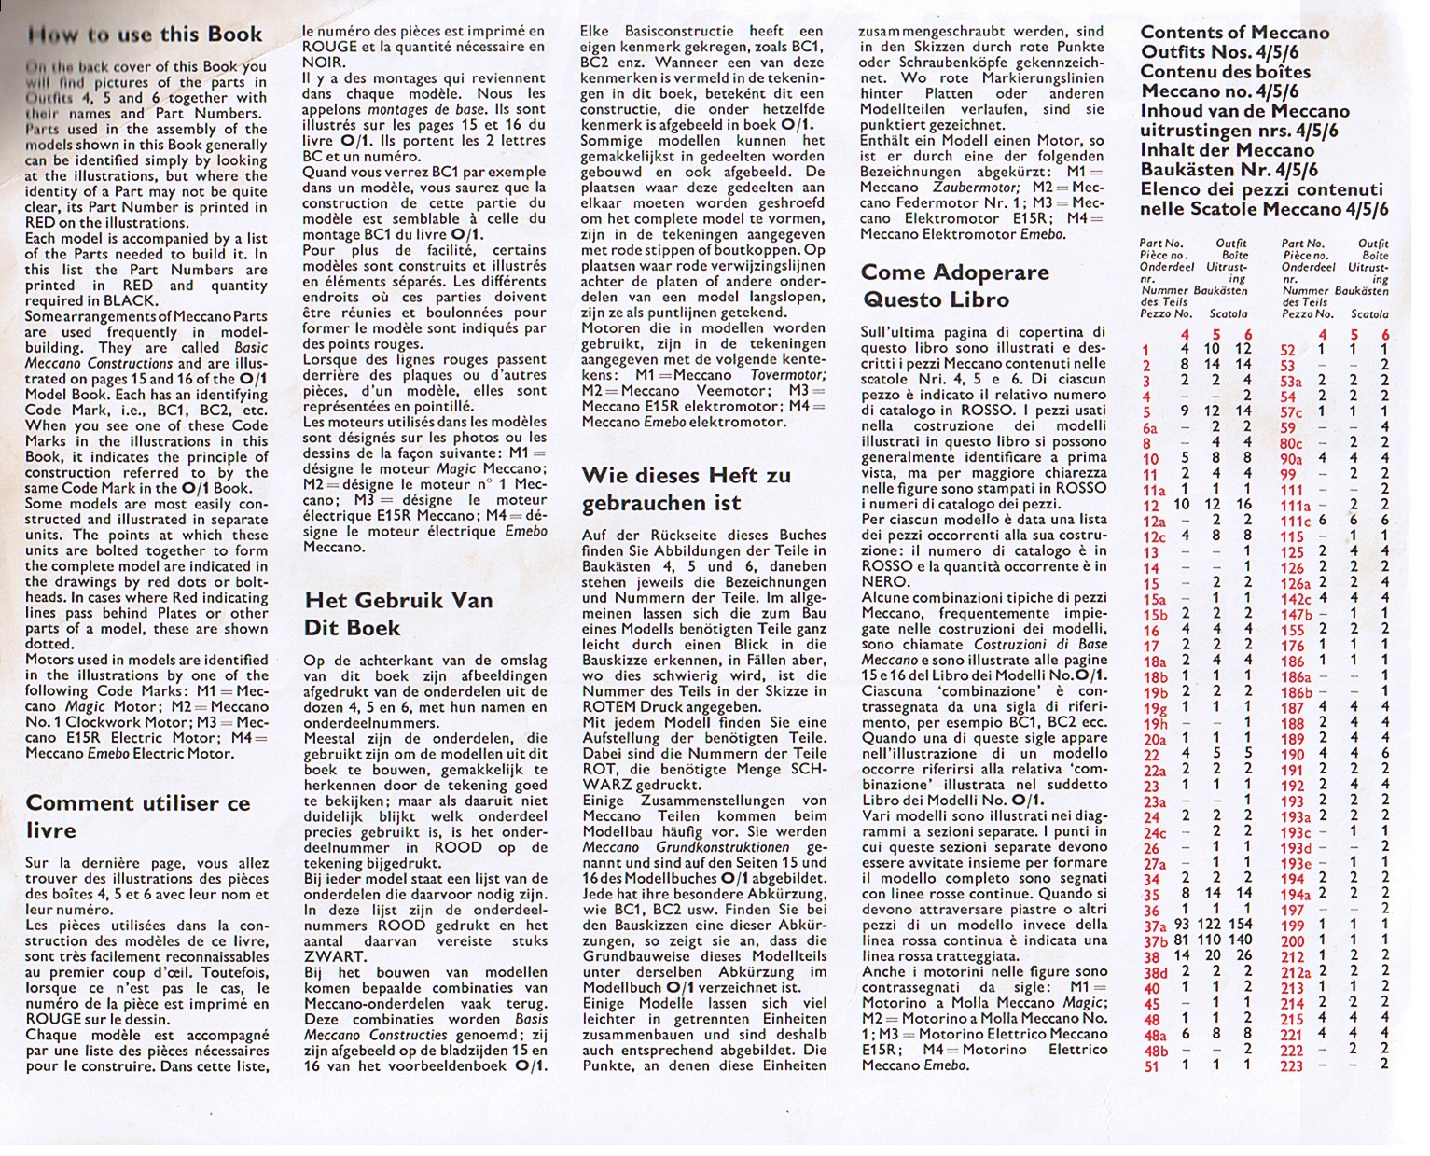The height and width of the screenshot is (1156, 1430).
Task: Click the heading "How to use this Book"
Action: click(x=146, y=35)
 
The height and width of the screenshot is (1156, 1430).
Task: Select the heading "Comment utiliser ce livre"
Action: click(x=138, y=816)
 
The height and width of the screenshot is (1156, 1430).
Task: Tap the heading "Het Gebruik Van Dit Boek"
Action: click(x=398, y=613)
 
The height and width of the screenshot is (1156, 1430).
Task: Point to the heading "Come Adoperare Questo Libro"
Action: click(x=954, y=286)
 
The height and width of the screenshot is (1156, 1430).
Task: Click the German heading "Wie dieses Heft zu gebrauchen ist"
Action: click(x=686, y=489)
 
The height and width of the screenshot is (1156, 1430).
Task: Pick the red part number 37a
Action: click(x=1155, y=925)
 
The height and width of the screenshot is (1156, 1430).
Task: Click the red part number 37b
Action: click(x=1155, y=940)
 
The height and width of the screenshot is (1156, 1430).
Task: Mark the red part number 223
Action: click(x=1291, y=1065)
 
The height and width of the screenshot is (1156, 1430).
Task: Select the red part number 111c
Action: click(x=1295, y=520)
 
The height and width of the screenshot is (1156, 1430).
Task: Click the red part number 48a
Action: click(x=1155, y=1034)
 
